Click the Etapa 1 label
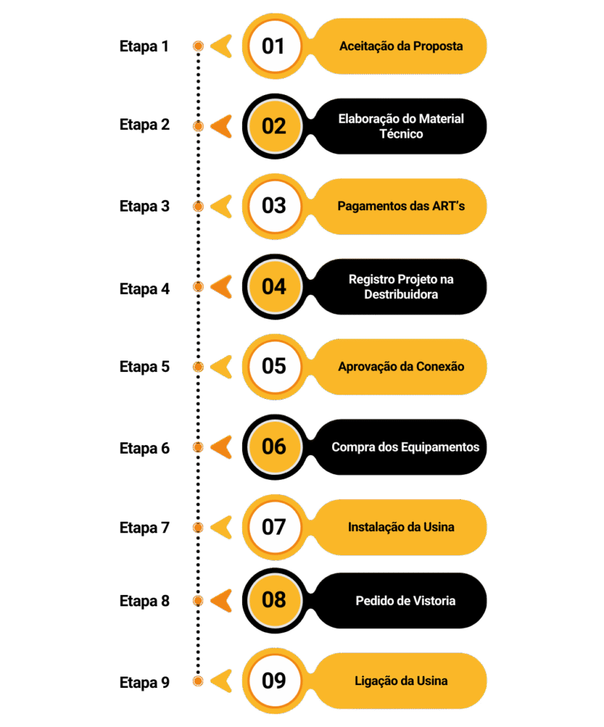(144, 47)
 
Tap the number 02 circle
(274, 126)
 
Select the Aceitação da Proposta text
(401, 46)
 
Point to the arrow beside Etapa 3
(221, 207)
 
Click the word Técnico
(401, 134)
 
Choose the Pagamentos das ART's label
(401, 207)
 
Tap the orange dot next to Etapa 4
(198, 288)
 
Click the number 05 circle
(274, 366)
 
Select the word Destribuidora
(401, 294)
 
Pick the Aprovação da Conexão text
(401, 367)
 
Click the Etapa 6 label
(144, 448)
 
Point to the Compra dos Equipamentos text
(405, 447)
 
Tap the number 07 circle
(274, 528)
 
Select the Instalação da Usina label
(401, 528)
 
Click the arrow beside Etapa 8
(221, 601)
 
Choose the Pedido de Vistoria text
(405, 601)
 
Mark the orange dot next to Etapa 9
(198, 682)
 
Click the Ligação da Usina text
(401, 681)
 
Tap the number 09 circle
(274, 681)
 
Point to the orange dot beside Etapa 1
(198, 47)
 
